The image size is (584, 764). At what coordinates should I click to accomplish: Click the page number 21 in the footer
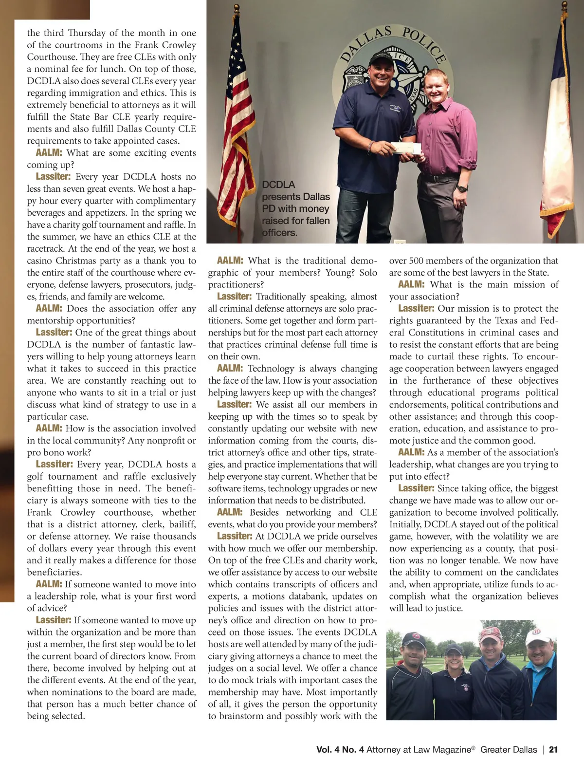[x=553, y=750]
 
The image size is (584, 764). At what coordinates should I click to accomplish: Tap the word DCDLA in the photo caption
[x=278, y=185]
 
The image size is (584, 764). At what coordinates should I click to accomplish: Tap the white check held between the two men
[x=403, y=148]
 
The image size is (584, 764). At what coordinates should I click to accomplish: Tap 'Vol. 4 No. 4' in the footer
[x=340, y=750]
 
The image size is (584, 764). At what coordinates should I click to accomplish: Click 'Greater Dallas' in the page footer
[x=509, y=750]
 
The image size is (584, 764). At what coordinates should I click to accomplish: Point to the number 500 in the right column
[x=418, y=261]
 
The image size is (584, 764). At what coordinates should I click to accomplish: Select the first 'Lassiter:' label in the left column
[x=53, y=177]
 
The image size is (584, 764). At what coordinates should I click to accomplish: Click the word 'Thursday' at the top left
[x=86, y=33]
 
